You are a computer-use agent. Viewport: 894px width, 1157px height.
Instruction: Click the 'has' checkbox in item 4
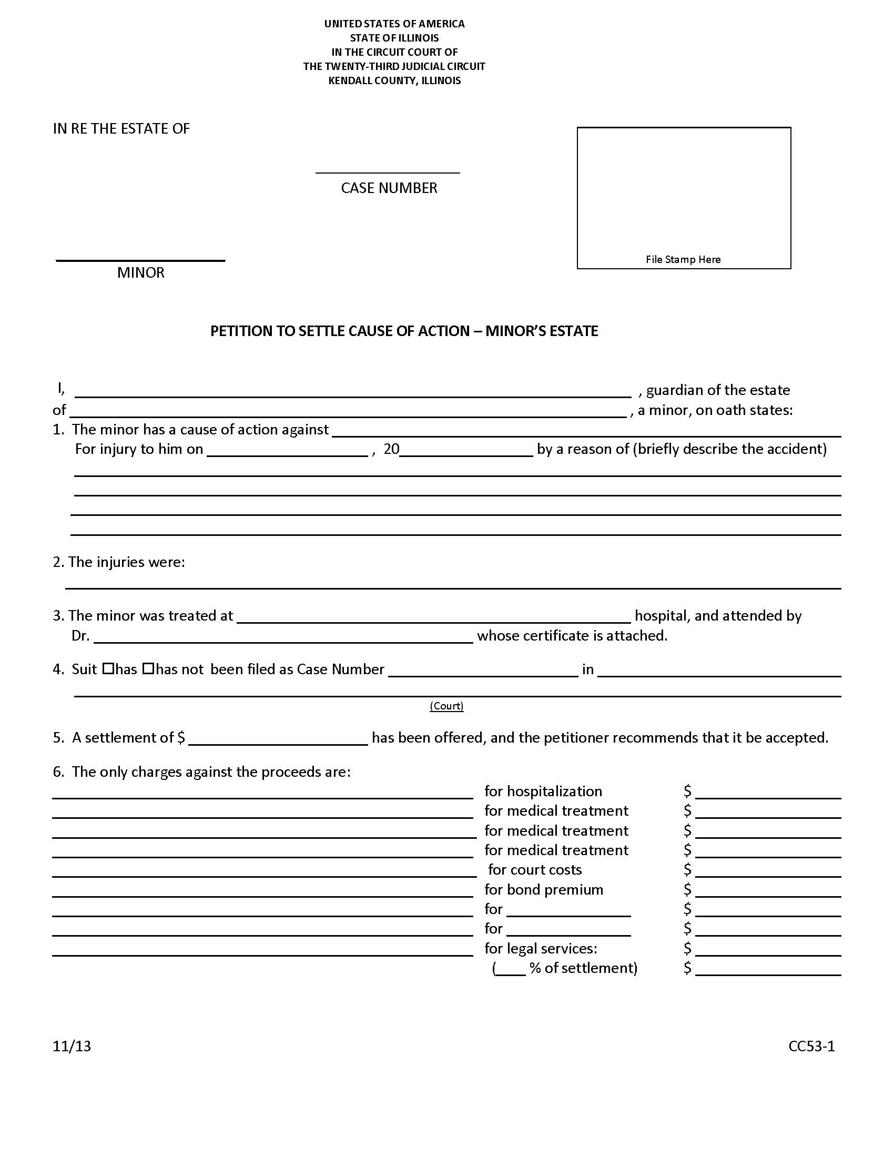point(108,668)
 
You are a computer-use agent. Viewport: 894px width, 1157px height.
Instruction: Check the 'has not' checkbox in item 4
point(148,668)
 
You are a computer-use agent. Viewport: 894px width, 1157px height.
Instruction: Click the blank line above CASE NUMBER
point(388,168)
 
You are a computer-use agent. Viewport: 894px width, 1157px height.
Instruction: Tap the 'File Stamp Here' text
point(683,259)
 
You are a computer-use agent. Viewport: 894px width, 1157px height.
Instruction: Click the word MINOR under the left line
point(141,272)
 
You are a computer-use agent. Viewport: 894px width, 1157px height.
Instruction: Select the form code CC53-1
point(811,1046)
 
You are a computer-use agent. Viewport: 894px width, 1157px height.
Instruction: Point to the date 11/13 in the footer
point(72,1046)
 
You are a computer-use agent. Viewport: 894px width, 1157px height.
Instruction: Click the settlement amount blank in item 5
point(278,739)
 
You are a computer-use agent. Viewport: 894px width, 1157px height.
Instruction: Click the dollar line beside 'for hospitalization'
point(768,793)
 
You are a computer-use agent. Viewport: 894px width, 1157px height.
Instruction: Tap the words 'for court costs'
point(535,870)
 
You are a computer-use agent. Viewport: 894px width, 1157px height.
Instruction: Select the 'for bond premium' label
point(544,889)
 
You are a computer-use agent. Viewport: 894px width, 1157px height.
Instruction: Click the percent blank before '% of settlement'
point(511,969)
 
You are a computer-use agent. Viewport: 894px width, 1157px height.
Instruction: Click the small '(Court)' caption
point(446,706)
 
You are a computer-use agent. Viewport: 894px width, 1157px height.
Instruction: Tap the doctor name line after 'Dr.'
point(283,637)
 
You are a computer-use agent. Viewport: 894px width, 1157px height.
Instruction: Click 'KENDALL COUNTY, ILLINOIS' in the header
point(394,80)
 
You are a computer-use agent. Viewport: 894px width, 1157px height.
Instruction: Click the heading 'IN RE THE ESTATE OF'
point(121,129)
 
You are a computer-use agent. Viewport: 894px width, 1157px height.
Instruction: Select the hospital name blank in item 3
point(434,618)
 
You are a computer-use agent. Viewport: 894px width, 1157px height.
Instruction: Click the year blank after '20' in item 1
point(466,451)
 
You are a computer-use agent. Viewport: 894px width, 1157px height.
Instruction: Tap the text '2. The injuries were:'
point(119,562)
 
